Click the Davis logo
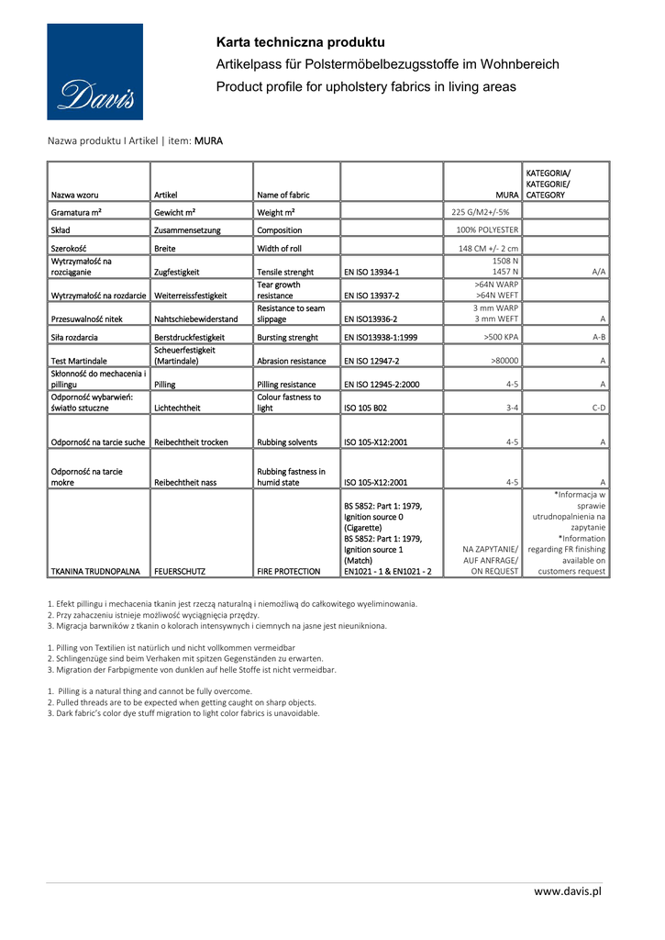(x=95, y=72)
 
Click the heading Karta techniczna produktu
(x=300, y=42)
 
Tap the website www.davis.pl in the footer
(x=568, y=890)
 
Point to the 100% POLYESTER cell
(x=487, y=229)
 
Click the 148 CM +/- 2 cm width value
(x=488, y=248)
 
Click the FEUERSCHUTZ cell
(x=182, y=571)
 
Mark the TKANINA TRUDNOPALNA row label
(x=95, y=571)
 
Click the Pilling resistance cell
(x=286, y=385)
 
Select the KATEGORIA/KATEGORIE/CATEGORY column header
(x=548, y=184)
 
